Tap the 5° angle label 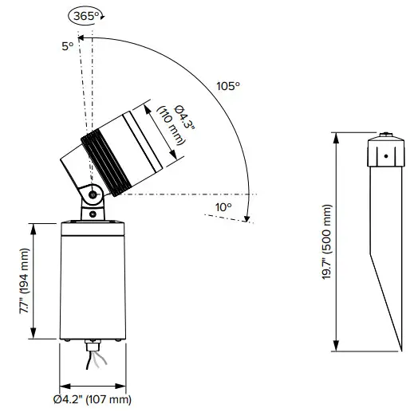point(68,46)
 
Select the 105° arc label point(228,86)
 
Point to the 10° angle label point(223,207)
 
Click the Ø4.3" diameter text point(184,117)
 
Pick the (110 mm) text point(171,126)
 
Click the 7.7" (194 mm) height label point(25,281)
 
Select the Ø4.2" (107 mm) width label point(93,399)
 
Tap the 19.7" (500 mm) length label point(327,241)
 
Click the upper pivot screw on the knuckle point(93,194)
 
